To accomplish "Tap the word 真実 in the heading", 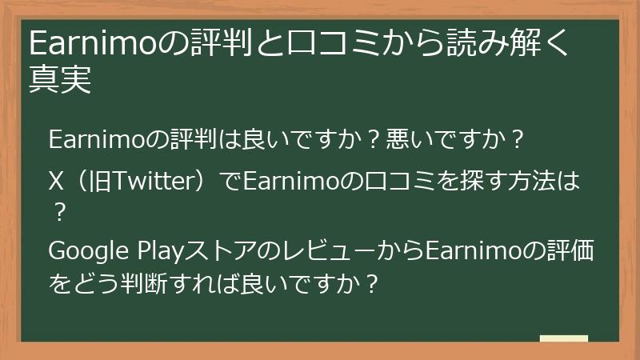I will pos(59,80).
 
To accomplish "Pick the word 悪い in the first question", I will pos(404,140).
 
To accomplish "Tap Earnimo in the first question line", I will pos(97,140).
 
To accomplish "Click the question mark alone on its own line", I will pos(57,213).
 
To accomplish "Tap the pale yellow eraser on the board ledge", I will pos(563,338).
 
